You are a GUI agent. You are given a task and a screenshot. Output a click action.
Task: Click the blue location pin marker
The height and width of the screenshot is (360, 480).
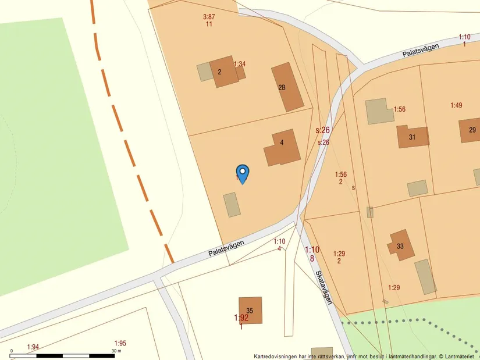coord(243,173)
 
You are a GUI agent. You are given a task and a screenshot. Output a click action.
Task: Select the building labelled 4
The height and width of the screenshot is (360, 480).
coord(283,148)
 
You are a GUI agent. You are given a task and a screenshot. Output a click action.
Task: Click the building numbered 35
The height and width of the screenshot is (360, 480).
coord(250,310)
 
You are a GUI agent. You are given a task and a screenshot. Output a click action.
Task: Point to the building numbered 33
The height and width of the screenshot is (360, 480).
coord(401,245)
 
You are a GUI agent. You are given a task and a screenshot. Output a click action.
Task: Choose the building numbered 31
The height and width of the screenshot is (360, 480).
coord(413,137)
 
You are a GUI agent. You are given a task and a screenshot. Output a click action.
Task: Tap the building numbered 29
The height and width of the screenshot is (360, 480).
coord(470,130)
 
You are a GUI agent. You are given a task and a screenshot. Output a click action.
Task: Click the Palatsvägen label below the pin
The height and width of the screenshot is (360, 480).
coord(226,249)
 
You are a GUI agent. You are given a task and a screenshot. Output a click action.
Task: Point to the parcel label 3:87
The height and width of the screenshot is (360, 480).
coord(209,17)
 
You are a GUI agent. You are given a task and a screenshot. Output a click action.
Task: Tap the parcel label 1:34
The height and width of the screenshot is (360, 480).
coord(240,64)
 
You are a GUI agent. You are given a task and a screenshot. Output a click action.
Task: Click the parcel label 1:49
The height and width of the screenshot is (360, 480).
coord(456,105)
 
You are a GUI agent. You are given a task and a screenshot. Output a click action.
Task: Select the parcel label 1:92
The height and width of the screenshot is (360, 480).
coord(241,318)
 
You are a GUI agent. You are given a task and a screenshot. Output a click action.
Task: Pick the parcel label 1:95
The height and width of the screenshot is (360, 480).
coord(120,343)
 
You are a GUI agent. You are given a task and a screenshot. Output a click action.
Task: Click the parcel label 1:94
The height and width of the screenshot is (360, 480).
coord(33,347)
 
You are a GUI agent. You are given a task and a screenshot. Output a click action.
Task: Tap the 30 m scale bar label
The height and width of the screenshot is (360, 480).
coord(116,351)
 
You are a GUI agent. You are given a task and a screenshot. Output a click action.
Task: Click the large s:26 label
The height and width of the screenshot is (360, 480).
coord(323,130)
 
